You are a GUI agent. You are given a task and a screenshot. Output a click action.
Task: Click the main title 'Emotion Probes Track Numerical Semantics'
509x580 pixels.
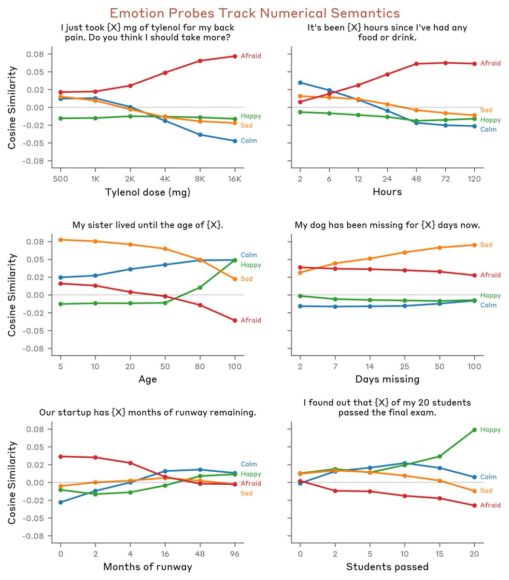[254, 13]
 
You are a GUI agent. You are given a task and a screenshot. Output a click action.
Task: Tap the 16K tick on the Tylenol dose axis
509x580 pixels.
[235, 178]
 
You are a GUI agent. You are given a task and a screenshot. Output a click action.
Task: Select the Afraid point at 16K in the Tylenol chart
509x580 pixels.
[235, 56]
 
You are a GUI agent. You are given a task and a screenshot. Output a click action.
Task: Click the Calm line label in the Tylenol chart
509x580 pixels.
[249, 141]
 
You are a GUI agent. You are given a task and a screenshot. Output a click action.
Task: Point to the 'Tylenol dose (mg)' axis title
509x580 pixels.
[147, 192]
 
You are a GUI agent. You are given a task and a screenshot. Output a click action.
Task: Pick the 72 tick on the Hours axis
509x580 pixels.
[445, 178]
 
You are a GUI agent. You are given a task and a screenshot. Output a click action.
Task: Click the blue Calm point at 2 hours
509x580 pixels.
[300, 83]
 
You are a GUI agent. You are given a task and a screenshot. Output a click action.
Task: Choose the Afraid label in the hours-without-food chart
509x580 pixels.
[490, 63]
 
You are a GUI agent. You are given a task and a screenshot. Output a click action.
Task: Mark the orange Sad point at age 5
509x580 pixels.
[60, 240]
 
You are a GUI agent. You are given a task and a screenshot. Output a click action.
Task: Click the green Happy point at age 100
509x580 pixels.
[235, 260]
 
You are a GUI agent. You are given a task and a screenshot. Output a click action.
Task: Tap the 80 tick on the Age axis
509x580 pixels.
[200, 366]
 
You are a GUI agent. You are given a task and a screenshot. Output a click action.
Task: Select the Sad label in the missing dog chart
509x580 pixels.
[486, 245]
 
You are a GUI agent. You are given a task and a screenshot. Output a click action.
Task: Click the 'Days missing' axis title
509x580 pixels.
[387, 379]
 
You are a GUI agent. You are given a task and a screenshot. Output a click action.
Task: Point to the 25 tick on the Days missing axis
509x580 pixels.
[405, 366]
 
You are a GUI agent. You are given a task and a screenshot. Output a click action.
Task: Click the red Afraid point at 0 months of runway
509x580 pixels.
[60, 456]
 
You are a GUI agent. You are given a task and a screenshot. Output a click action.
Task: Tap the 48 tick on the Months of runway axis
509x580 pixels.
[200, 553]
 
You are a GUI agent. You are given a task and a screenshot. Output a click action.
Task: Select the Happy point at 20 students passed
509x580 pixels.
[474, 430]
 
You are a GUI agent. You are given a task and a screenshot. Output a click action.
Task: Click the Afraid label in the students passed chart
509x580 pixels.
[490, 505]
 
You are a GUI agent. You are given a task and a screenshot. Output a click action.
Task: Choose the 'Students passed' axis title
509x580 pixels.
[387, 566]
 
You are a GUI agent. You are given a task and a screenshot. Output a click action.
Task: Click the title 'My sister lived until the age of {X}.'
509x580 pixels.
[147, 225]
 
